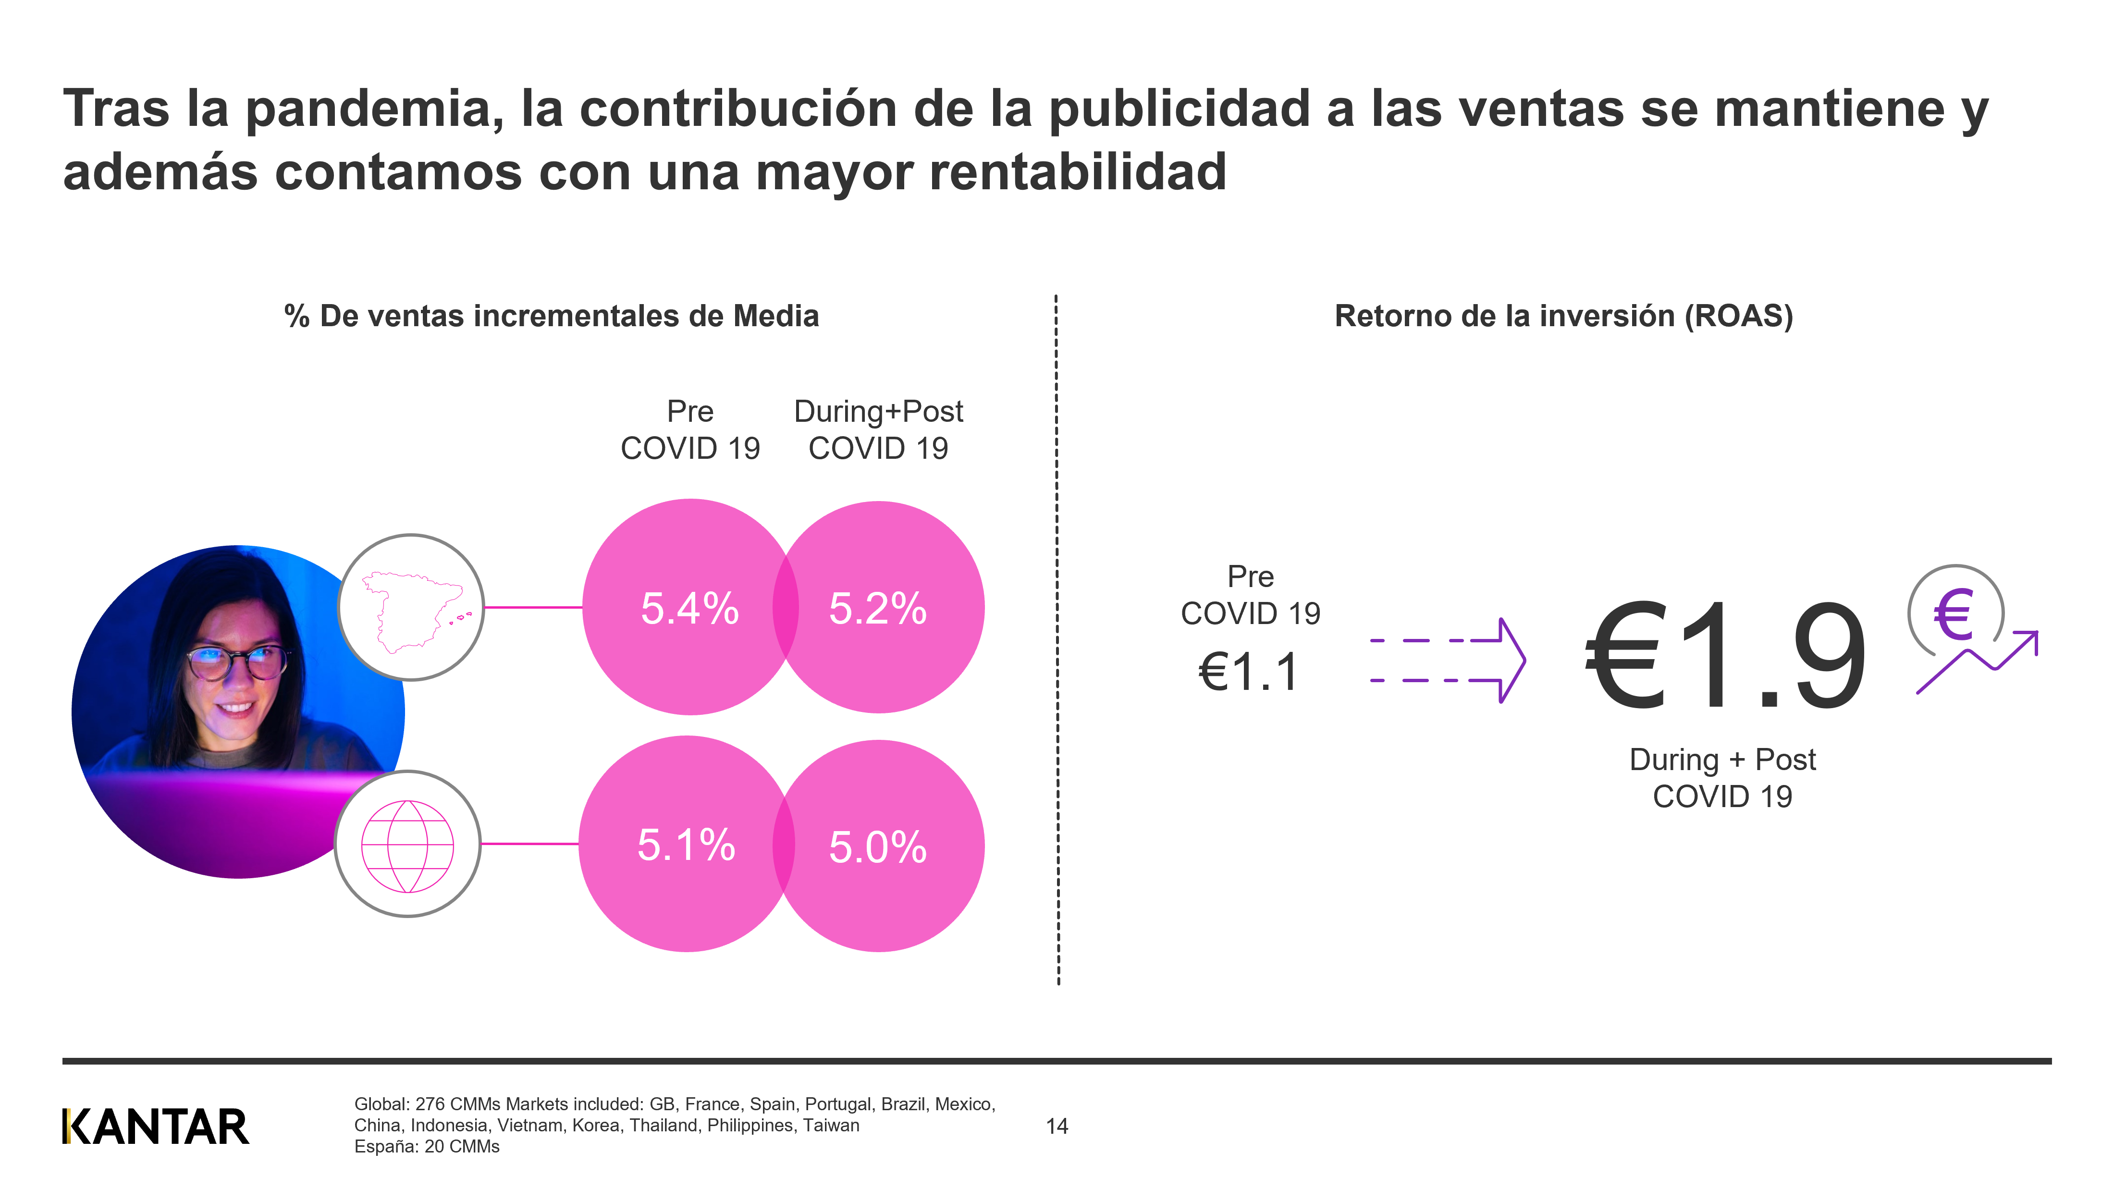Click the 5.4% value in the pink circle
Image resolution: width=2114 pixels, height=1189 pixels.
pos(689,608)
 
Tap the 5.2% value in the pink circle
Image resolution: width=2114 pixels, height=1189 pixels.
pos(877,608)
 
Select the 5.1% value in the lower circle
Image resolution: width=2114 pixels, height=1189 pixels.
pos(686,845)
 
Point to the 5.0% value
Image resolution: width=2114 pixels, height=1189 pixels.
pos(877,847)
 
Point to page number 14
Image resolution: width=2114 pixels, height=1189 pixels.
pos(1056,1127)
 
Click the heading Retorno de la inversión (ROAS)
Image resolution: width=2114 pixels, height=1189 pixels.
pos(1563,316)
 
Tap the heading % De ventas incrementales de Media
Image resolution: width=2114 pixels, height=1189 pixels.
pos(552,316)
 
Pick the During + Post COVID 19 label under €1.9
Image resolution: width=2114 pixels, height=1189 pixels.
pos(1722,778)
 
